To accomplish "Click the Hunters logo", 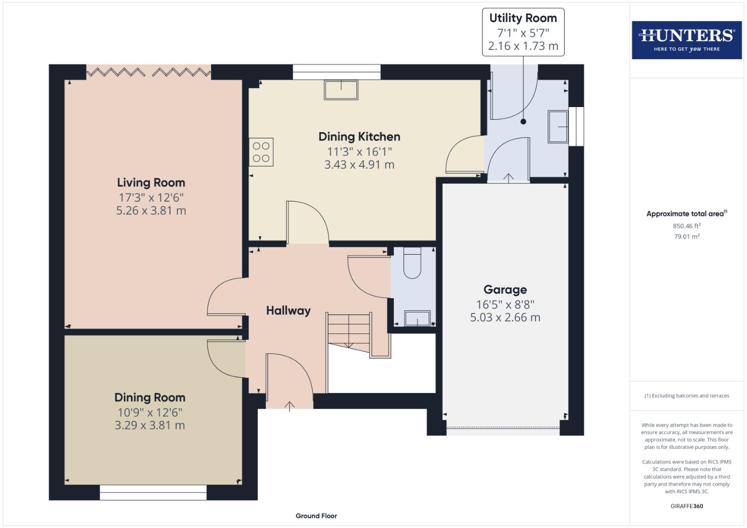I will pyautogui.click(x=686, y=40).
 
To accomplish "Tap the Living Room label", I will pyautogui.click(x=151, y=183).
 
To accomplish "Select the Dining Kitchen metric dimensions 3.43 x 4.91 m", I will pyautogui.click(x=359, y=165).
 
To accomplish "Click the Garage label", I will pyautogui.click(x=505, y=290).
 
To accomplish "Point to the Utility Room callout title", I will pyautogui.click(x=523, y=19).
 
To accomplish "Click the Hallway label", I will pyautogui.click(x=288, y=311).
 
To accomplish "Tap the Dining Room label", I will pyautogui.click(x=150, y=397).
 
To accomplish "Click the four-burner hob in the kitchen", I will pyautogui.click(x=261, y=152).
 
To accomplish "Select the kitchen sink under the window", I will pyautogui.click(x=340, y=90).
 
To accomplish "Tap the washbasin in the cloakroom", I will pyautogui.click(x=417, y=318).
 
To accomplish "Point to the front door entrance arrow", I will pyautogui.click(x=290, y=406).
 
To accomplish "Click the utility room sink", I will pyautogui.click(x=558, y=127).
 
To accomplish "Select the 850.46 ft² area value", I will pyautogui.click(x=686, y=226).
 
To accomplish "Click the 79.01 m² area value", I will pyautogui.click(x=686, y=237).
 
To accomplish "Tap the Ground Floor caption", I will pyautogui.click(x=316, y=516).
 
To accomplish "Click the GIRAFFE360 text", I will pyautogui.click(x=686, y=506).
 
